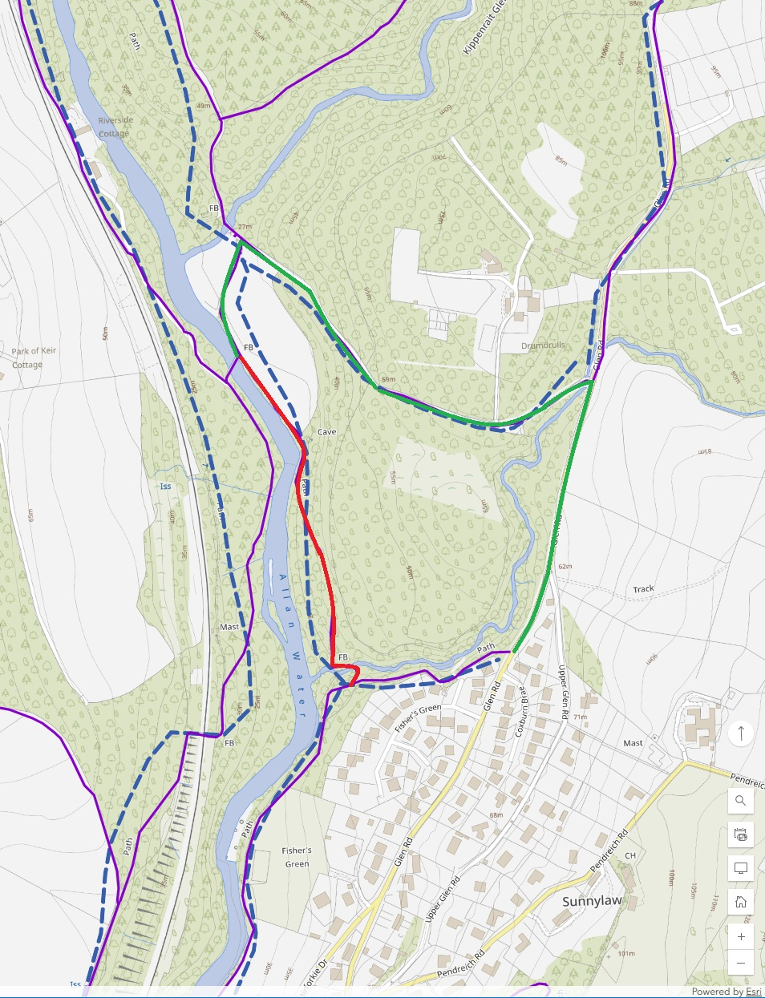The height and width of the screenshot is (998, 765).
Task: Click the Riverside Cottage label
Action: coord(115,127)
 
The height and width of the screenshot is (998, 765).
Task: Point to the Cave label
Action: coord(327,432)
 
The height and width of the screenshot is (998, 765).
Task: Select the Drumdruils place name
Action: coord(543,345)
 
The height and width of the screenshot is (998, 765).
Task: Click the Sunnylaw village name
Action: coord(592,901)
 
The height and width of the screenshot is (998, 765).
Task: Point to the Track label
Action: coord(643,589)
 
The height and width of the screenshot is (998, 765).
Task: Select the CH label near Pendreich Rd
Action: coord(630,855)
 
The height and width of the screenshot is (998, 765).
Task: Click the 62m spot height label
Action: coord(565,567)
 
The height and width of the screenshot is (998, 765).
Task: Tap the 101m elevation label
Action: coord(626,954)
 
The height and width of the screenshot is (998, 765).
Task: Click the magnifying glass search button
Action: coord(741,800)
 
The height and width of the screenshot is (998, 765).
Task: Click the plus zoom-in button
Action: coord(741,936)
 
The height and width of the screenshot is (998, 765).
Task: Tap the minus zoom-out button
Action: coord(741,963)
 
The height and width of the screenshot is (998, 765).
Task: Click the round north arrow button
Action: coord(741,733)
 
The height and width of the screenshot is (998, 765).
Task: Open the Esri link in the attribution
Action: coord(753,992)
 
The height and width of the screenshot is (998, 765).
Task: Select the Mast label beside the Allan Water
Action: coord(229,627)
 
